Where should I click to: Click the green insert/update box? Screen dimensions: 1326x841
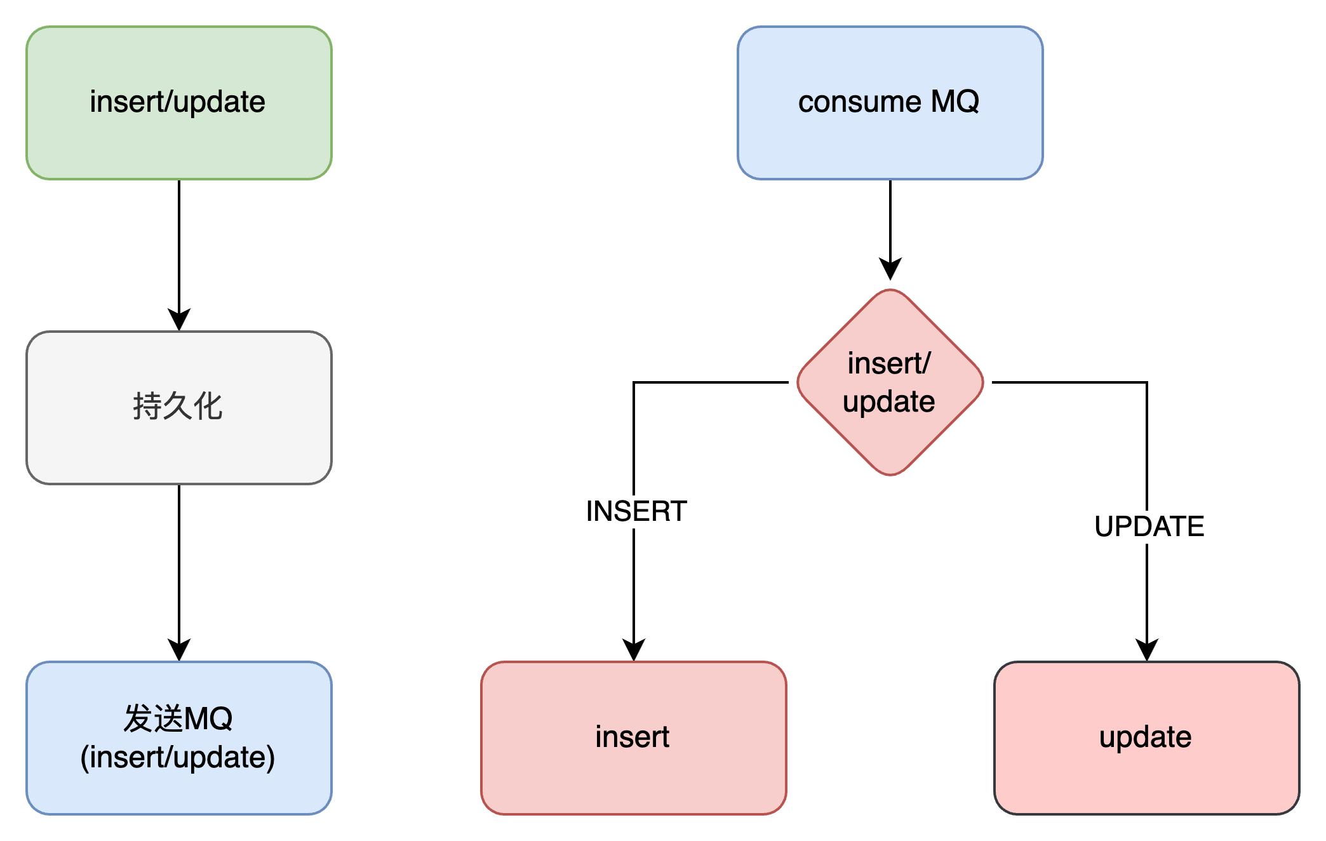point(179,103)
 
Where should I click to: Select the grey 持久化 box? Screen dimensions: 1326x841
point(179,408)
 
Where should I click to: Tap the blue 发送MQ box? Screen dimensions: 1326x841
point(179,738)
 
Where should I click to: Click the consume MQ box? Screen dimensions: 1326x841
point(890,103)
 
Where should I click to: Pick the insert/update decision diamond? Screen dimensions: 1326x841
point(890,382)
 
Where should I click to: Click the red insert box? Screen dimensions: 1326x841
point(634,738)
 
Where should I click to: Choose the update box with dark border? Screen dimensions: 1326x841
point(1147,738)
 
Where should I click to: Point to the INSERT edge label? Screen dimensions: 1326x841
point(636,511)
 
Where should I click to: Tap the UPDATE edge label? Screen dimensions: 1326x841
point(1149,527)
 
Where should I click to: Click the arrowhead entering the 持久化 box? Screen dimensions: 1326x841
point(179,320)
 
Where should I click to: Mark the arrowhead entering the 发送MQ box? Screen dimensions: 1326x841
point(179,650)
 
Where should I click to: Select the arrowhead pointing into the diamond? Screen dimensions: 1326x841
point(890,269)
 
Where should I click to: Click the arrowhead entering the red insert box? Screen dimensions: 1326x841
point(634,650)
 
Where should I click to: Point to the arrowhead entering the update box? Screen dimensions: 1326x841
point(1147,650)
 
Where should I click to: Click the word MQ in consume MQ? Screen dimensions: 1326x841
point(954,102)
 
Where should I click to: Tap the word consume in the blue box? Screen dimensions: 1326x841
point(859,103)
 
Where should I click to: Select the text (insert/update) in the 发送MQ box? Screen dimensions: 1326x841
point(178,758)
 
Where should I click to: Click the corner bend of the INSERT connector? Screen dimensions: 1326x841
point(634,382)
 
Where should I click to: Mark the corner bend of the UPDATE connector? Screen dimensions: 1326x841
point(1147,382)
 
